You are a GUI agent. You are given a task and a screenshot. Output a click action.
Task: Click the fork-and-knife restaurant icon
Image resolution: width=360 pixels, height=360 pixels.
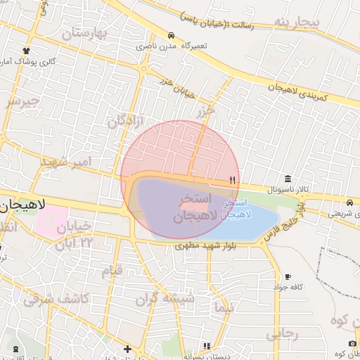pos(232,180)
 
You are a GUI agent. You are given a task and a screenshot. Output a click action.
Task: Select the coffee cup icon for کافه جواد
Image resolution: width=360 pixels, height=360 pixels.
pos(288,276)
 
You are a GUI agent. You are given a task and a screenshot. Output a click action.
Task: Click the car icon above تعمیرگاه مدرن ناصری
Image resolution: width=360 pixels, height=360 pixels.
pos(171,35)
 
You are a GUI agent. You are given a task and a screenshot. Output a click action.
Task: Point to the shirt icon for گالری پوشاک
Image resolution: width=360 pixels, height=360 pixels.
pos(27,51)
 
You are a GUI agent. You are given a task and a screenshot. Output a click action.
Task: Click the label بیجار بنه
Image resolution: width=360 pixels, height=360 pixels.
pos(297,22)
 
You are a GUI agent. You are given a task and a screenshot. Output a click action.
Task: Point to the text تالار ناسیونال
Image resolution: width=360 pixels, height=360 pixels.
pos(288,191)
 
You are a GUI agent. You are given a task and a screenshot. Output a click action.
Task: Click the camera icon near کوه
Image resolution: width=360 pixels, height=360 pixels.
pos(352,343)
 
